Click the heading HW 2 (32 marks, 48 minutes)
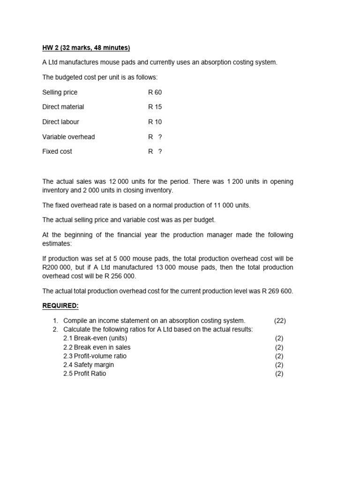[x=86, y=48]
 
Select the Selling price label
[x=60, y=92]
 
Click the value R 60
[x=155, y=92]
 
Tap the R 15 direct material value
[x=155, y=107]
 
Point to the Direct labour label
[x=60, y=122]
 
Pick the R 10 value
[x=155, y=122]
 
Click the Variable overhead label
[x=68, y=137]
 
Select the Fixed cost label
[x=57, y=151]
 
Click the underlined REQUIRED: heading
[x=61, y=306]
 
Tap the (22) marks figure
[x=280, y=321]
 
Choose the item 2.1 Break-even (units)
[x=95, y=338]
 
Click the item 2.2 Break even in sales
[x=97, y=347]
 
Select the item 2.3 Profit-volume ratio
[x=95, y=356]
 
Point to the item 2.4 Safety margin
[x=89, y=365]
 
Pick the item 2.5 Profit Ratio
[x=85, y=374]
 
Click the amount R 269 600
[x=277, y=291]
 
